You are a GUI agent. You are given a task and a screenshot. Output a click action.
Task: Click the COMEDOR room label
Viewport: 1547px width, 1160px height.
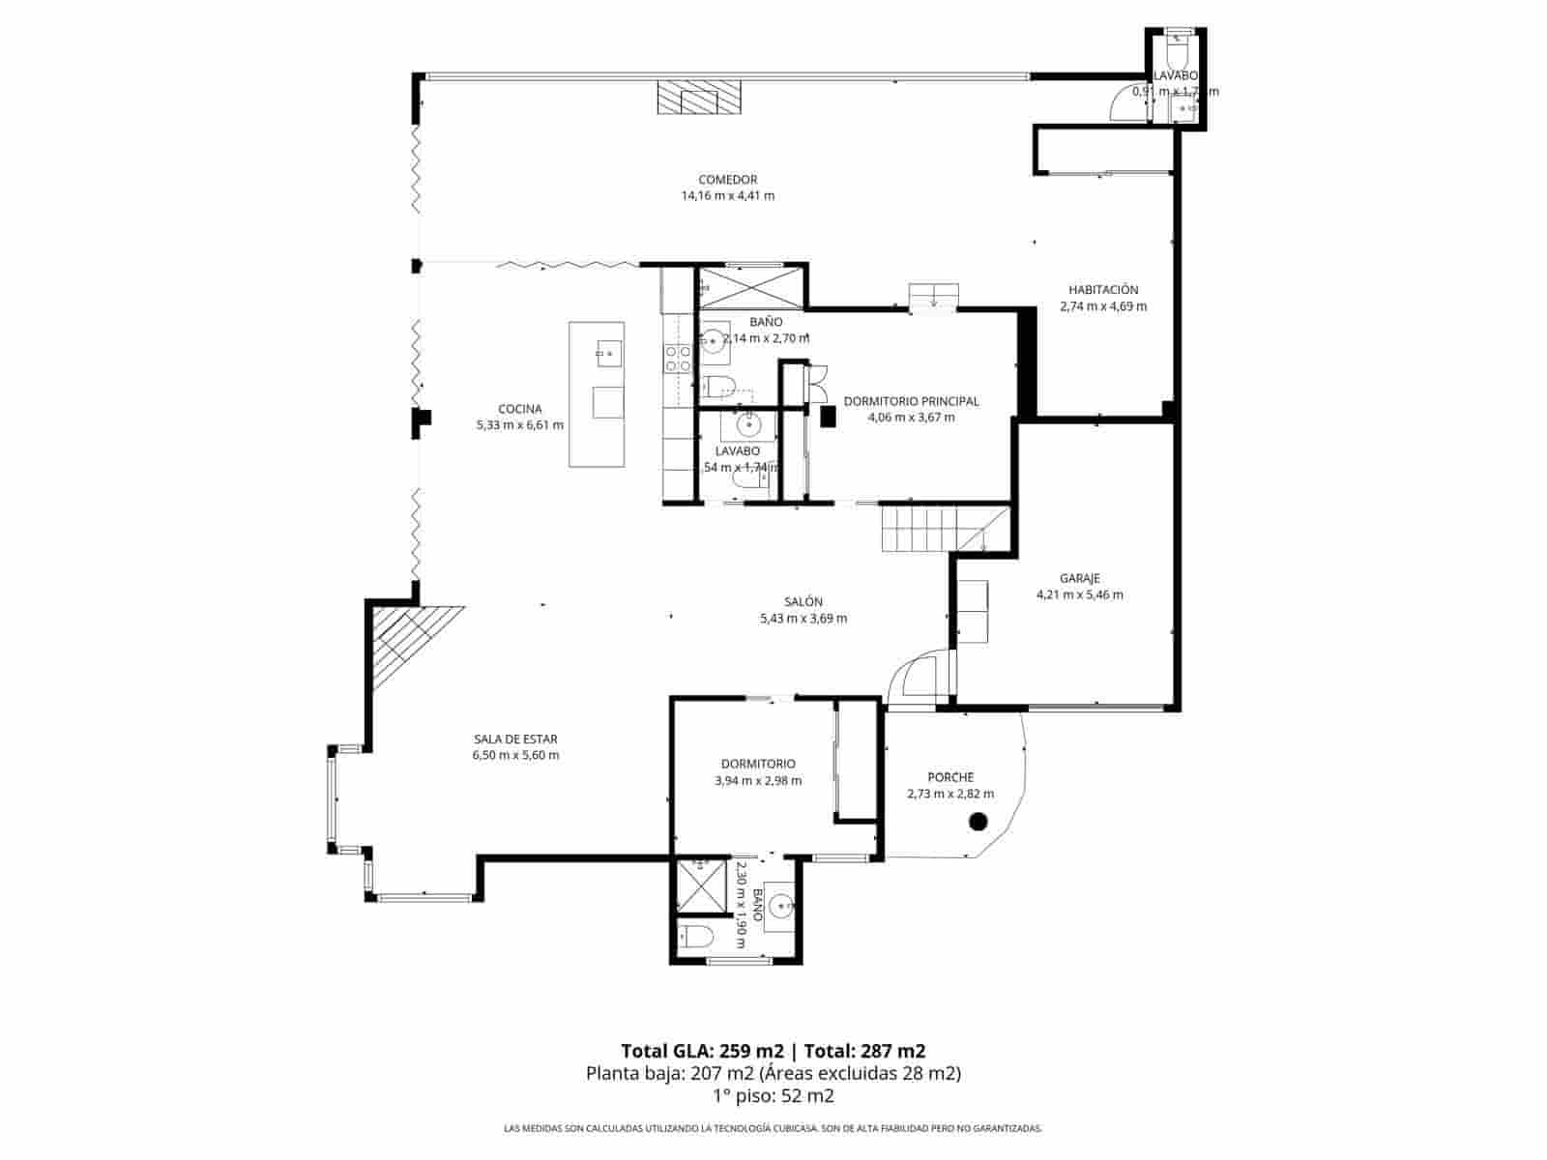pyautogui.click(x=727, y=180)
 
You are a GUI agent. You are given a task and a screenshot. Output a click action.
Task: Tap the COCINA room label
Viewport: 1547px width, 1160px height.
pyautogui.click(x=519, y=409)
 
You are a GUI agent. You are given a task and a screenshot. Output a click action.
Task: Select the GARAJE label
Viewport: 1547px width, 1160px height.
pyautogui.click(x=1079, y=579)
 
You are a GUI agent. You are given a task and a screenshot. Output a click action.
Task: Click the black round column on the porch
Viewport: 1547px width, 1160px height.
pyautogui.click(x=978, y=823)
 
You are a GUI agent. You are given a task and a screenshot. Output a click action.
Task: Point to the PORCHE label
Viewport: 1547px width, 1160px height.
pyautogui.click(x=949, y=777)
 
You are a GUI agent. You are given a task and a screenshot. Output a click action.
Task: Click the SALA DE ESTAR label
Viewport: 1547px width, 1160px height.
pyautogui.click(x=514, y=739)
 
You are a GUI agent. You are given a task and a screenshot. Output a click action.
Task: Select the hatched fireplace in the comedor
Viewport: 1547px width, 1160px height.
pyautogui.click(x=700, y=98)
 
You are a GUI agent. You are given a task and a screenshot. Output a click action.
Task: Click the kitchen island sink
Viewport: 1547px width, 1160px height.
pyautogui.click(x=608, y=354)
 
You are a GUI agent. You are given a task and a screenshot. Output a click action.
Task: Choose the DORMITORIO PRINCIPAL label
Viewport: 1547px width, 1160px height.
pyautogui.click(x=911, y=401)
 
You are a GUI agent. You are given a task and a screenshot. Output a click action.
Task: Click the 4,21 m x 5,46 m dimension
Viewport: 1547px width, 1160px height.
pyautogui.click(x=1079, y=595)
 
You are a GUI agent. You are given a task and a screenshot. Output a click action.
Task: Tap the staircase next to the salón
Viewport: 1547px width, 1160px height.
pyautogui.click(x=928, y=530)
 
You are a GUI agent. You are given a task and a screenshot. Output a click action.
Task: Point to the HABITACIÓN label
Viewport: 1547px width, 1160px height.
pyautogui.click(x=1103, y=290)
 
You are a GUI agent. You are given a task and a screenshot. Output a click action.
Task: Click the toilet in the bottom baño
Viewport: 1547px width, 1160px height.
pyautogui.click(x=696, y=936)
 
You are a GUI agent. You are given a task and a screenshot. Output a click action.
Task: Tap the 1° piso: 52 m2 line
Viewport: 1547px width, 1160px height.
pyautogui.click(x=773, y=1095)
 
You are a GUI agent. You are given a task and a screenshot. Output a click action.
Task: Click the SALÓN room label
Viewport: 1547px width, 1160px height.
pyautogui.click(x=803, y=602)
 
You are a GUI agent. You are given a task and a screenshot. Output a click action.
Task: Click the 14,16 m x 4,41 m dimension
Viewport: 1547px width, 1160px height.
pyautogui.click(x=727, y=196)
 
